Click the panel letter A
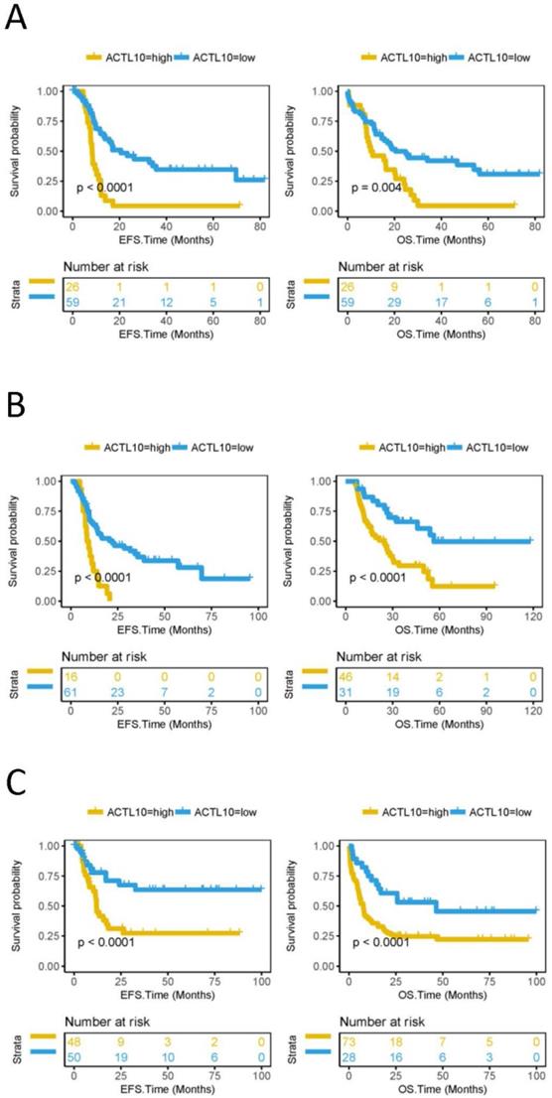(17, 19)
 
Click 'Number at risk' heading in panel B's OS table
(386, 656)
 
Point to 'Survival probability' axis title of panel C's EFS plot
(14, 905)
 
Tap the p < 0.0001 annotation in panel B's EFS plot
(110, 577)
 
